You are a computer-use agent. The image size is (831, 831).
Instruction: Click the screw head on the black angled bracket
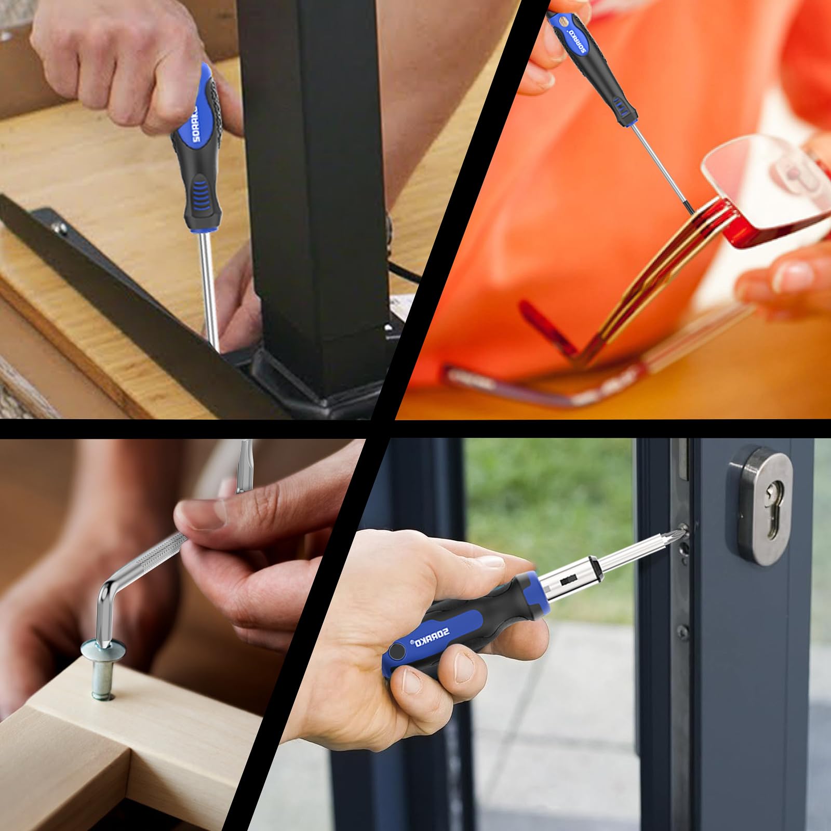61,227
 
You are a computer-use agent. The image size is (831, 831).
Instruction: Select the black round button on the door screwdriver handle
397,652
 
